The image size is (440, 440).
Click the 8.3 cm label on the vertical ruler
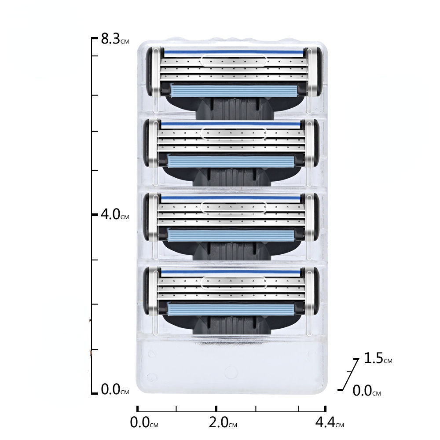[115, 39]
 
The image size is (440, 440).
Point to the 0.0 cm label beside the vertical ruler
[115, 389]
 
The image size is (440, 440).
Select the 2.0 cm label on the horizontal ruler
[223, 422]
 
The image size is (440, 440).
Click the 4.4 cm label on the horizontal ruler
[330, 422]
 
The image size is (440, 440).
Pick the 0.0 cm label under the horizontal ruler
[144, 422]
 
